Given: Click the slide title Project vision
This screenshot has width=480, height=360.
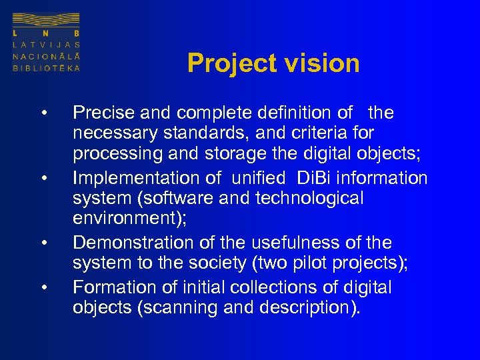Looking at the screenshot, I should coord(273,63).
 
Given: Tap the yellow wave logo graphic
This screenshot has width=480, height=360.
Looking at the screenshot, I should coord(46,21).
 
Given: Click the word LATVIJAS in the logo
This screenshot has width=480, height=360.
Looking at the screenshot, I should coord(46,44).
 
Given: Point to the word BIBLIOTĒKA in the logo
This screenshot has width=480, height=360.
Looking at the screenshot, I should coord(46,68).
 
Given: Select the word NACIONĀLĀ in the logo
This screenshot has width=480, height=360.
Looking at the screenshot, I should coord(46,56).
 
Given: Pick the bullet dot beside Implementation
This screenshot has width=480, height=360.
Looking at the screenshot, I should coord(43,178).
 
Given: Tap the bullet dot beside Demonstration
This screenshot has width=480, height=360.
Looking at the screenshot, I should coord(43,243).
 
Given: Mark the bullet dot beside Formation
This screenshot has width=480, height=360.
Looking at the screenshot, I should coord(43,287).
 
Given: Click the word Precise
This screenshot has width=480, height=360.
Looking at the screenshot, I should coord(102,113).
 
